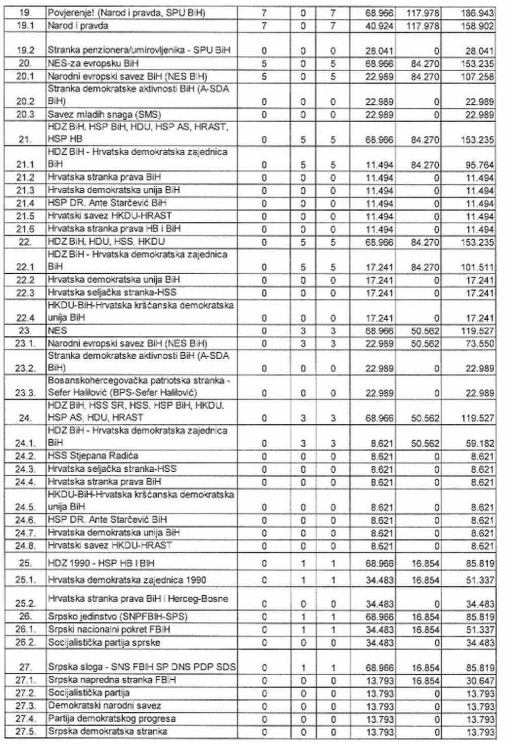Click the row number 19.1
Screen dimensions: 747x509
pos(25,25)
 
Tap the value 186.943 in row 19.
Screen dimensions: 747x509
pos(477,13)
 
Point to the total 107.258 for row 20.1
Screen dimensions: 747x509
pos(477,76)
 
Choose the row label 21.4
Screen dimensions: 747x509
pos(25,204)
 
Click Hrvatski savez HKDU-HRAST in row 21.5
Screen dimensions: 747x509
pos(109,216)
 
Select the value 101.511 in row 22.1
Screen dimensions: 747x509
pos(477,267)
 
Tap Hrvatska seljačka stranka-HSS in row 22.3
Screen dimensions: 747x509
pos(112,293)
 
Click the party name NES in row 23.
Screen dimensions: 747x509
pos(58,331)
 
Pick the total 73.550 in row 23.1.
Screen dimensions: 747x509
pos(477,343)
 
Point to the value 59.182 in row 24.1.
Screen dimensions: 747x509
pos(477,443)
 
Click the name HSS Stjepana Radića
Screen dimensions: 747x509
pos(93,455)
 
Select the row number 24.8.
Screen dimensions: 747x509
pos(25,546)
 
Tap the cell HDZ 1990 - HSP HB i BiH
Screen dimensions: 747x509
pos(101,563)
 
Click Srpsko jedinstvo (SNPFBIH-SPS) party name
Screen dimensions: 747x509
pos(118,617)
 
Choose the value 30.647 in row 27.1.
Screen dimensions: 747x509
pos(477,680)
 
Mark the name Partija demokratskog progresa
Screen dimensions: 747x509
pos(111,719)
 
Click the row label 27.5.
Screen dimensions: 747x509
pos(25,732)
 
